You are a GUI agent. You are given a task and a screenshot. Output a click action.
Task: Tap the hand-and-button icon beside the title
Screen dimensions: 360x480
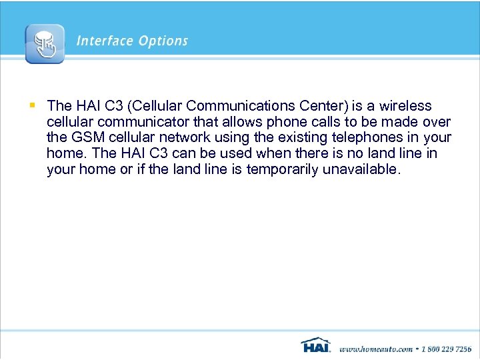click(x=45, y=44)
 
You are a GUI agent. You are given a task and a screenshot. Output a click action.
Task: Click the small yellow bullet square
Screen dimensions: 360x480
click(x=32, y=105)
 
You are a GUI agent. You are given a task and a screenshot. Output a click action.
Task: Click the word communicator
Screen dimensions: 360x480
click(x=148, y=122)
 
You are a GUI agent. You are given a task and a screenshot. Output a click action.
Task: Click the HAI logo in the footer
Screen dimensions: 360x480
click(x=315, y=345)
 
